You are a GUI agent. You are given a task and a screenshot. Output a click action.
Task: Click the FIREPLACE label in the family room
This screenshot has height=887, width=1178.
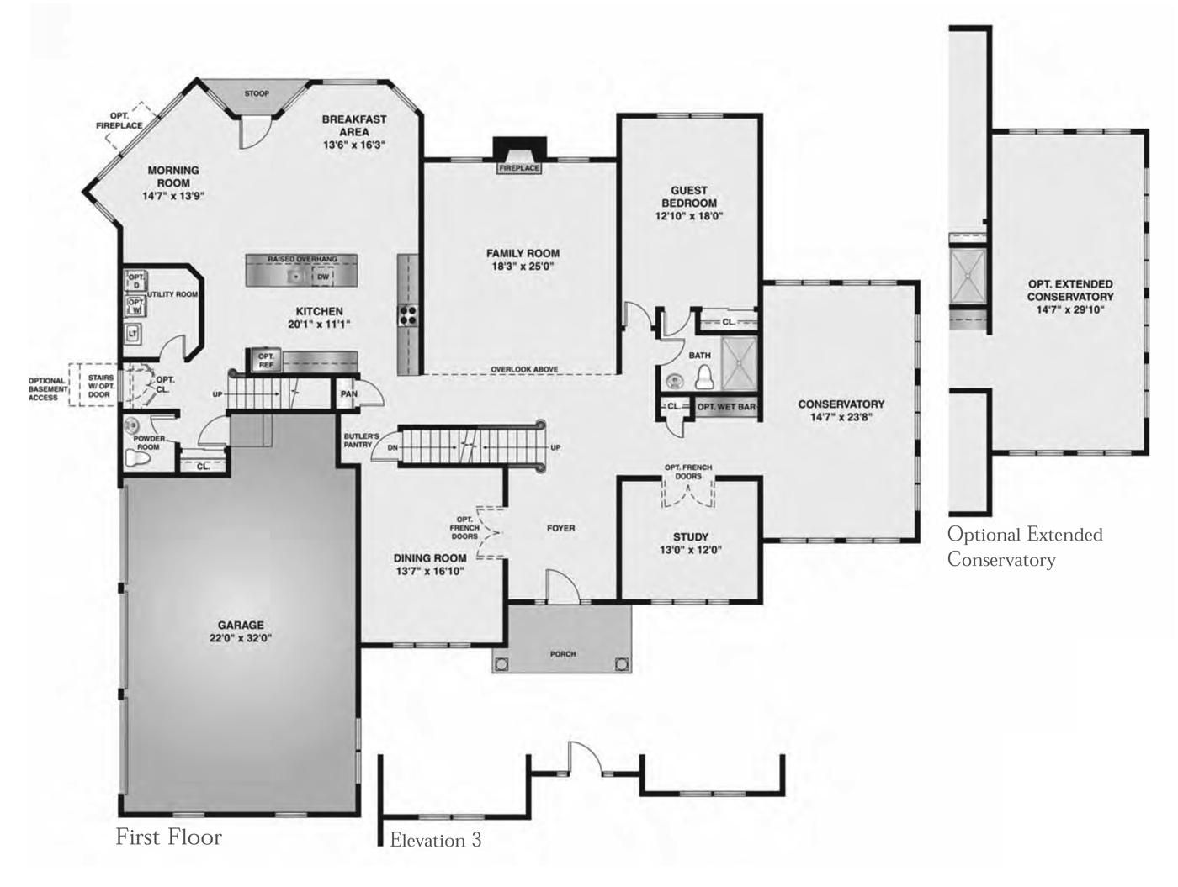518,168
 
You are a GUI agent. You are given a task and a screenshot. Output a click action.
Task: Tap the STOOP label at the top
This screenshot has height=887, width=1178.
257,93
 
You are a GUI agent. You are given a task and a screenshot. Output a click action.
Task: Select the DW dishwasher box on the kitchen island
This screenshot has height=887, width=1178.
322,277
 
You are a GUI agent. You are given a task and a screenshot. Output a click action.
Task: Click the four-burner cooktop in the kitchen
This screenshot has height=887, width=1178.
407,314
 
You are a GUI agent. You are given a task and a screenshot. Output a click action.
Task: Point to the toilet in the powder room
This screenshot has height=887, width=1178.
138,458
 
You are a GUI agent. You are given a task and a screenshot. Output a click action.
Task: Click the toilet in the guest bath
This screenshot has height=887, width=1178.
703,377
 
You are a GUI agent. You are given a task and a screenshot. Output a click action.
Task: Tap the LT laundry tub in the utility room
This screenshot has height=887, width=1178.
133,334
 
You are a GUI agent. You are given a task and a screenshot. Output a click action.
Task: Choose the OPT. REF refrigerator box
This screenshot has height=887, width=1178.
266,361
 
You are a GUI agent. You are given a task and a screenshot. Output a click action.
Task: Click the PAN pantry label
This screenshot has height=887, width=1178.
349,393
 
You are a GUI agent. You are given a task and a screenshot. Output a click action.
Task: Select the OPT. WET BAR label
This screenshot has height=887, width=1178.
726,407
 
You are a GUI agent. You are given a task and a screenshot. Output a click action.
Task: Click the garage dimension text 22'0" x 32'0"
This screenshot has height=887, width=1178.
241,638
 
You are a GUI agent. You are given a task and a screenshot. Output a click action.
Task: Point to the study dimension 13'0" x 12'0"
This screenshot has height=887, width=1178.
691,550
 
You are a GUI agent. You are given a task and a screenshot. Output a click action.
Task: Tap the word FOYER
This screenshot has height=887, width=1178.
561,528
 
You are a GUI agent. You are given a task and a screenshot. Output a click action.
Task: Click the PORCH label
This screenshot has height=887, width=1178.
563,654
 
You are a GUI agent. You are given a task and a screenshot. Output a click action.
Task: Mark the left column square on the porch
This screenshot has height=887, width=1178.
501,664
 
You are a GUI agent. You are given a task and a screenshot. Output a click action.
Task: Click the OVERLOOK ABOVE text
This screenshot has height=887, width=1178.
524,369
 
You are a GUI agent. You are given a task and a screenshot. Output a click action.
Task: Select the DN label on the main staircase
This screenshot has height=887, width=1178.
393,448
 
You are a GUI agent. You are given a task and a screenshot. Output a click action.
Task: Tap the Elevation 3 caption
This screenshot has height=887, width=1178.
436,839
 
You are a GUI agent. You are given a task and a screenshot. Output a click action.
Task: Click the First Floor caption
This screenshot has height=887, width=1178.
168,837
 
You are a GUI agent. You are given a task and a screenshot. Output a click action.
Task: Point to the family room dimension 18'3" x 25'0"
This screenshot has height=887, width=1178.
523,266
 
